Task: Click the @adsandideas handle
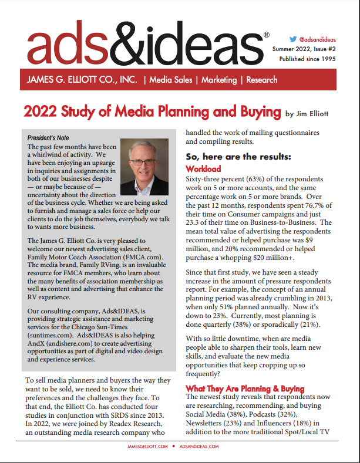pos(317,36)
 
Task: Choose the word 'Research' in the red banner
pos(262,80)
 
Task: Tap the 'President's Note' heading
pos(52,138)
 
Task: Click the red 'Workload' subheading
pos(203,168)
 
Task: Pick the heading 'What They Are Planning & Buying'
pos(245,388)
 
